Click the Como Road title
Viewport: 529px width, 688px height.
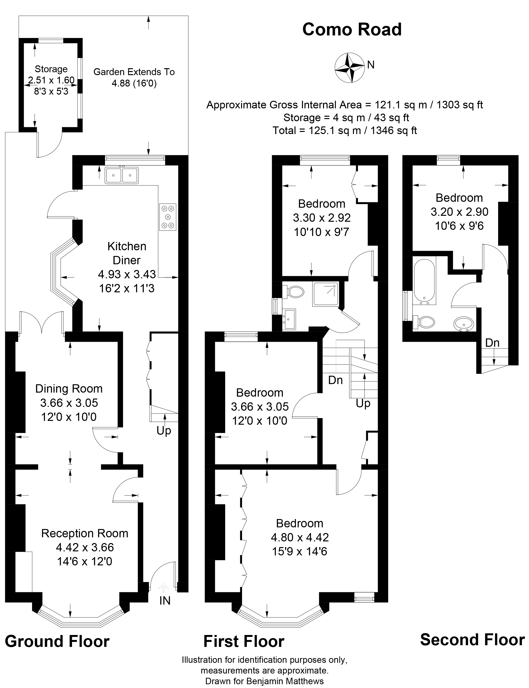(352, 30)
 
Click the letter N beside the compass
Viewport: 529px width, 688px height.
(371, 65)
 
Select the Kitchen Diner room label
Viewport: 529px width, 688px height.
(127, 253)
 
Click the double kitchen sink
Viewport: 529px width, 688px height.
(122, 175)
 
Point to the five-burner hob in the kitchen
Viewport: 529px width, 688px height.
(167, 217)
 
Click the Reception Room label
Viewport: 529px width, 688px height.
(85, 533)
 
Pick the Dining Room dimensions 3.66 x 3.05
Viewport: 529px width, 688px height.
(69, 403)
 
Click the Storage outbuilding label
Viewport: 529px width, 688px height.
(51, 69)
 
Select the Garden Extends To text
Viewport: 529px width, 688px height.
(134, 72)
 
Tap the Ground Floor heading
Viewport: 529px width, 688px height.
(57, 641)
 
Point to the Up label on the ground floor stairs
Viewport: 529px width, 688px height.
(164, 431)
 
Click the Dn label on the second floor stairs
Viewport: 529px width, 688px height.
(492, 343)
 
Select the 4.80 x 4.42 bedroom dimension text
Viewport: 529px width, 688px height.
(300, 537)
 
